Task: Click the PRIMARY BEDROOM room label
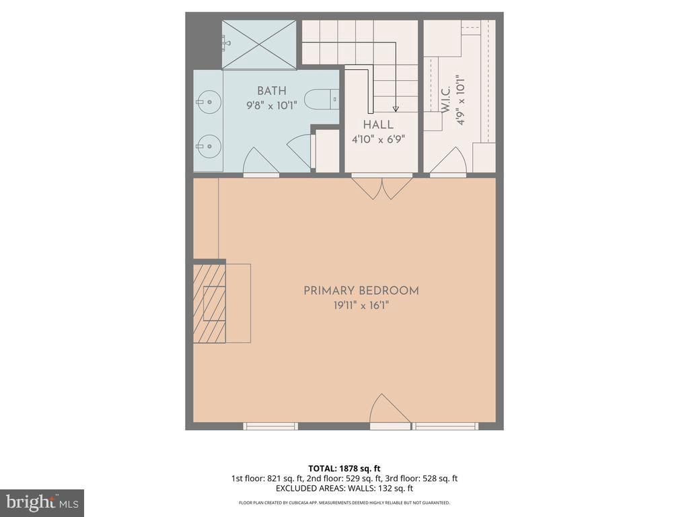tap(361, 291)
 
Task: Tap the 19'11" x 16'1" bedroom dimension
tap(361, 306)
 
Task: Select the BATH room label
tap(271, 91)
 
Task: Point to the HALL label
tap(378, 125)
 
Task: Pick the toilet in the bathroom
tap(322, 100)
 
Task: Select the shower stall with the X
tap(258, 44)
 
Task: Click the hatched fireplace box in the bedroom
tap(209, 302)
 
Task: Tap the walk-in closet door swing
tap(447, 162)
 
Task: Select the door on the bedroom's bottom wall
tap(390, 411)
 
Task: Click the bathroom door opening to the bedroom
tap(260, 162)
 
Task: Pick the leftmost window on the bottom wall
tap(270, 426)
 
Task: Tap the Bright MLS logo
tap(42, 502)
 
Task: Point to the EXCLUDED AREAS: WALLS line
tap(344, 489)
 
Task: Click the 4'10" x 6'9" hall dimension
tap(378, 139)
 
